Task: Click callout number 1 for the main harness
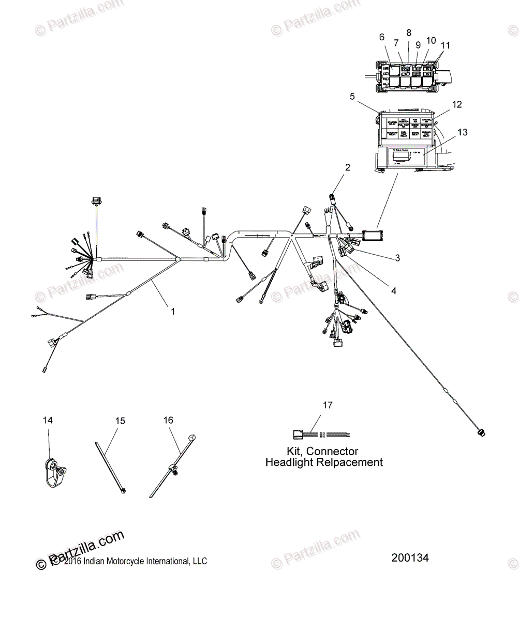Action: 173,312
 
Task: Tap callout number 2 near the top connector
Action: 347,167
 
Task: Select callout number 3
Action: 397,258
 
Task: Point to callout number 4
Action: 393,290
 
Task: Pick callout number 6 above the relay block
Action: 382,37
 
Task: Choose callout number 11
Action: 446,45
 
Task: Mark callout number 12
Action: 456,104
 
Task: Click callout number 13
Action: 462,132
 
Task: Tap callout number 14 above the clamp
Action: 48,421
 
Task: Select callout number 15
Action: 120,422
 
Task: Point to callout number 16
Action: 168,420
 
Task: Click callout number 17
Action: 328,405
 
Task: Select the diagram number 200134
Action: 410,558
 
